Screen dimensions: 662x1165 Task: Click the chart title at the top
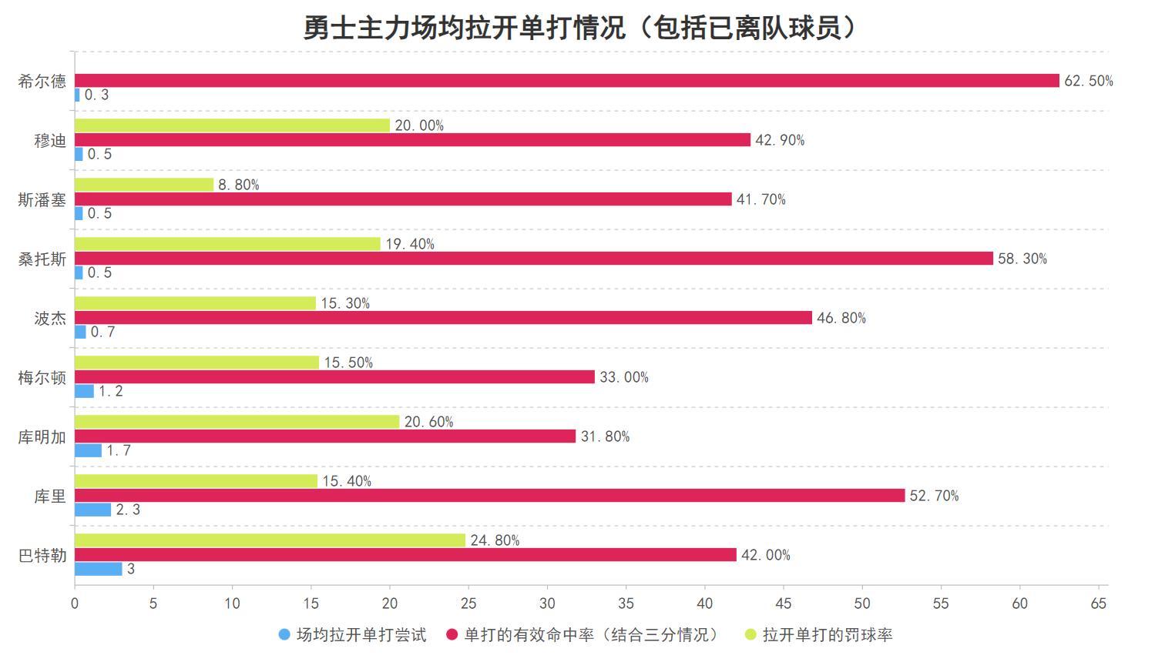(582, 28)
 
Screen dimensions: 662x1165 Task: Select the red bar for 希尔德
(566, 81)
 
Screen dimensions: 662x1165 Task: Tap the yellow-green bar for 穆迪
(232, 125)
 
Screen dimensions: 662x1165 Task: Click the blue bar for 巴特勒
(98, 569)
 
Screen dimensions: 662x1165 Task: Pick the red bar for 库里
(489, 496)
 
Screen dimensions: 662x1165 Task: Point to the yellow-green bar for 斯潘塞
(144, 185)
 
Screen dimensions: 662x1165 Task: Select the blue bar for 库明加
(88, 450)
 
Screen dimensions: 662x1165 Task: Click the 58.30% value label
(1022, 259)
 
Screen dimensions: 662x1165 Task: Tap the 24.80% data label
(495, 540)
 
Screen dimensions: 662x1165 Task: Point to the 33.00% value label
(624, 377)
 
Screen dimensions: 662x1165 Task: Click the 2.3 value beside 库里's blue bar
(128, 510)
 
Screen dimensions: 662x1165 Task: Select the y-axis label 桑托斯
(42, 259)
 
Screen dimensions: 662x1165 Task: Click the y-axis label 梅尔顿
(42, 377)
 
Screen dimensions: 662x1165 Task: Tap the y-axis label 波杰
(50, 318)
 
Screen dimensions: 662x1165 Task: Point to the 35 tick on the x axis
(626, 603)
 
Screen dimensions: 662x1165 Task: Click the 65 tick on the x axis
(1099, 603)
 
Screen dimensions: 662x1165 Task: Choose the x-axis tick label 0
(75, 603)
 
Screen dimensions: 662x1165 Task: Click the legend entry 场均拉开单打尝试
(361, 635)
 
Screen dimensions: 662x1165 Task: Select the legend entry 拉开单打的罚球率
(827, 635)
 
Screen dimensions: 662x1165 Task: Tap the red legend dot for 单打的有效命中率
(452, 635)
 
